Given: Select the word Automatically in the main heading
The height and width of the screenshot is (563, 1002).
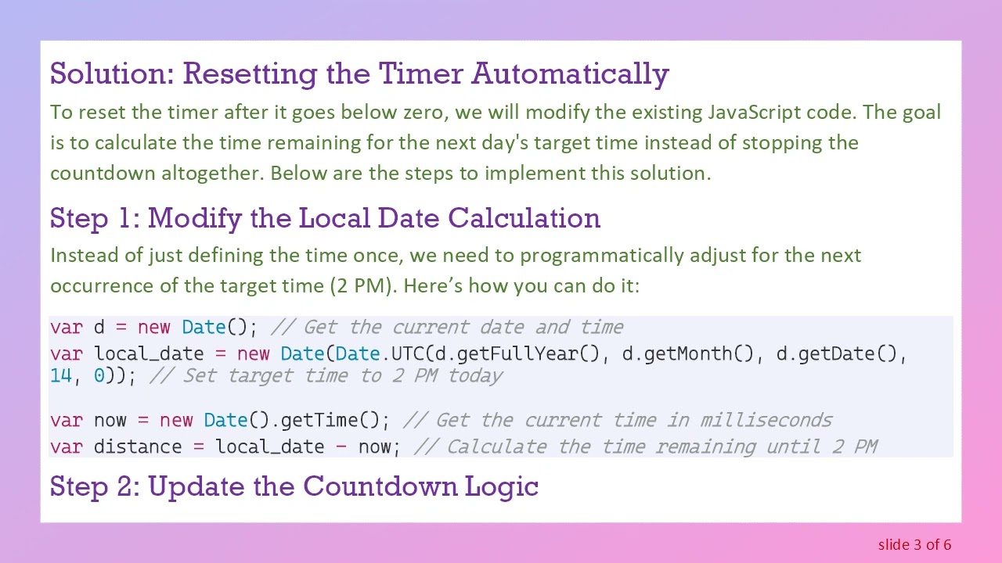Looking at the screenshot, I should (x=570, y=74).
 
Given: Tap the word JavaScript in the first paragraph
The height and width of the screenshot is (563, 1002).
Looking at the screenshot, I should (x=755, y=112).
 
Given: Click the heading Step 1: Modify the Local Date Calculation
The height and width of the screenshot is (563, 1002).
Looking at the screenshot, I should (x=325, y=218).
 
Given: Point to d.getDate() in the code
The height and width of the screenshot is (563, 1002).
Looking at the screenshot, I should (x=837, y=353).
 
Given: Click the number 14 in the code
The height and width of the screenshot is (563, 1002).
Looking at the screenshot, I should (x=61, y=375).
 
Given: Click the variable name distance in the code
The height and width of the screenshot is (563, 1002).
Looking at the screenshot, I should (x=137, y=446).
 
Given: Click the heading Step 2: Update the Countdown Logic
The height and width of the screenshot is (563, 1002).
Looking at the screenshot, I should (x=294, y=486).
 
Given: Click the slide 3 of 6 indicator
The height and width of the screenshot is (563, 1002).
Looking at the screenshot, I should (x=914, y=544).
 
